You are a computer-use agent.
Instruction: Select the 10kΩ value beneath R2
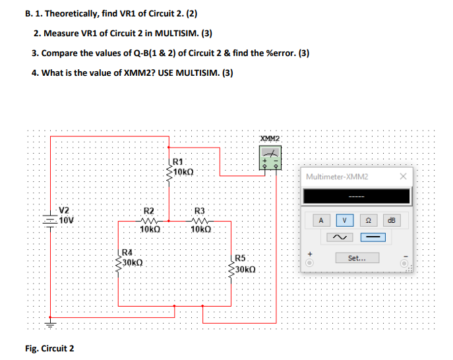point(150,229)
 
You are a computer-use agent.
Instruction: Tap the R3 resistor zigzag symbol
point(200,220)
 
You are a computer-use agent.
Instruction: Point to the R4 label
point(128,251)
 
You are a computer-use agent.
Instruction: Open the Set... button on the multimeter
point(357,258)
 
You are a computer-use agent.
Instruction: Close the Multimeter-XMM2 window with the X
point(404,177)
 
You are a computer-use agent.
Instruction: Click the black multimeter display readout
point(357,196)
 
